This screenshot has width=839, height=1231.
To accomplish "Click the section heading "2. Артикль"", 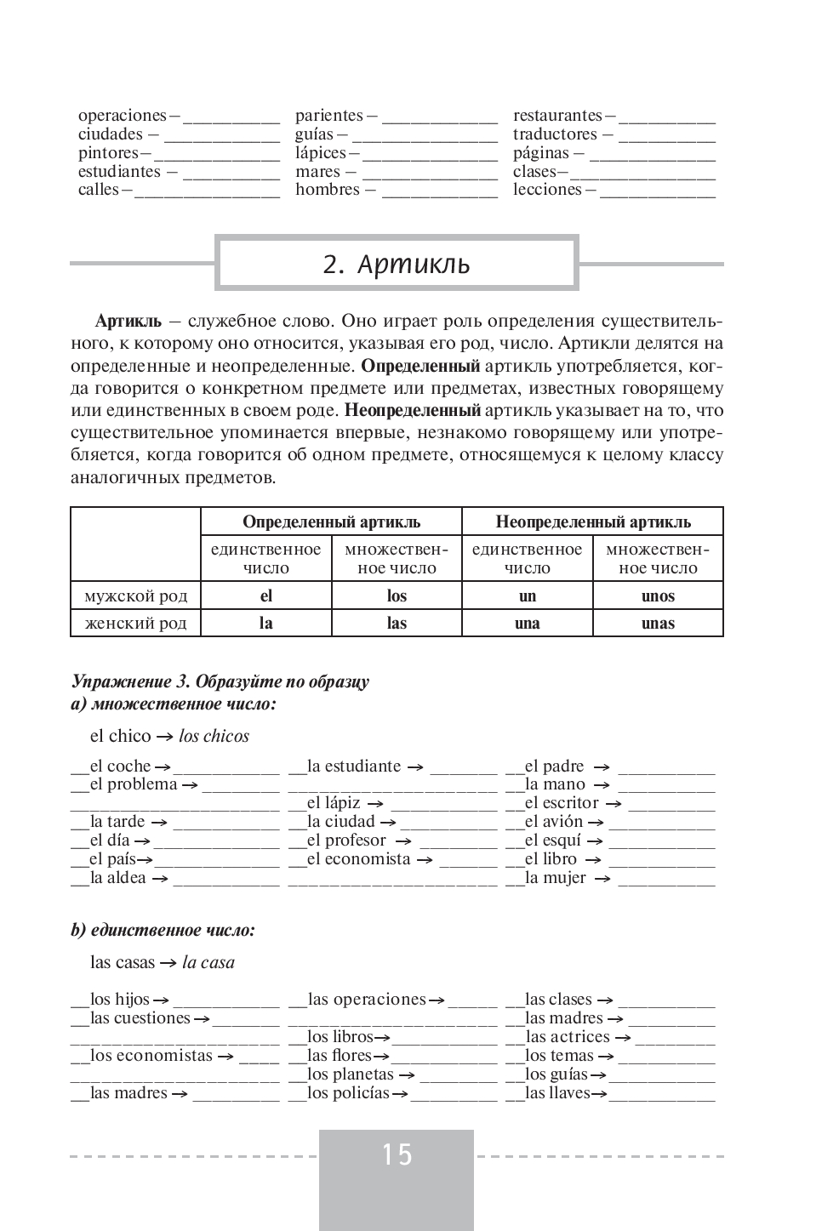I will tap(397, 265).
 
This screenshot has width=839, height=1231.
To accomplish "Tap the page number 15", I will tap(397, 1154).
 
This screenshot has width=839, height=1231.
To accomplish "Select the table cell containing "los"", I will tap(397, 596).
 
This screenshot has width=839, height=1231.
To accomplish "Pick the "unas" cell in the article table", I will tap(658, 623).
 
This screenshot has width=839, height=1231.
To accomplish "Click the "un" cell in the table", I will tap(528, 596).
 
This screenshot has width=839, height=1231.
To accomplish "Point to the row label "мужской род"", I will tap(136, 596).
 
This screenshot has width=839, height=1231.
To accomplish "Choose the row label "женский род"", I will tap(136, 623).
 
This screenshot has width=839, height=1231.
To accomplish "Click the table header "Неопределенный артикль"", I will tap(593, 521).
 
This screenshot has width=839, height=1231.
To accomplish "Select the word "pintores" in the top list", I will tap(108, 153).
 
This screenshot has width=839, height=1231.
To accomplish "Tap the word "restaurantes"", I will tap(557, 116).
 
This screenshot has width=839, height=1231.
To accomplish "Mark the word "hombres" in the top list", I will tap(328, 190).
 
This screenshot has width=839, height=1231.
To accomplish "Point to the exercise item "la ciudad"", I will tap(340, 822).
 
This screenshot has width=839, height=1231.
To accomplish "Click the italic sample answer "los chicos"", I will tap(214, 737).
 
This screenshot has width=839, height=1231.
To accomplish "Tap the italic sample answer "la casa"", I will tap(208, 963).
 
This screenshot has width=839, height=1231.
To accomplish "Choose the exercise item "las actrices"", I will tap(568, 1037).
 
